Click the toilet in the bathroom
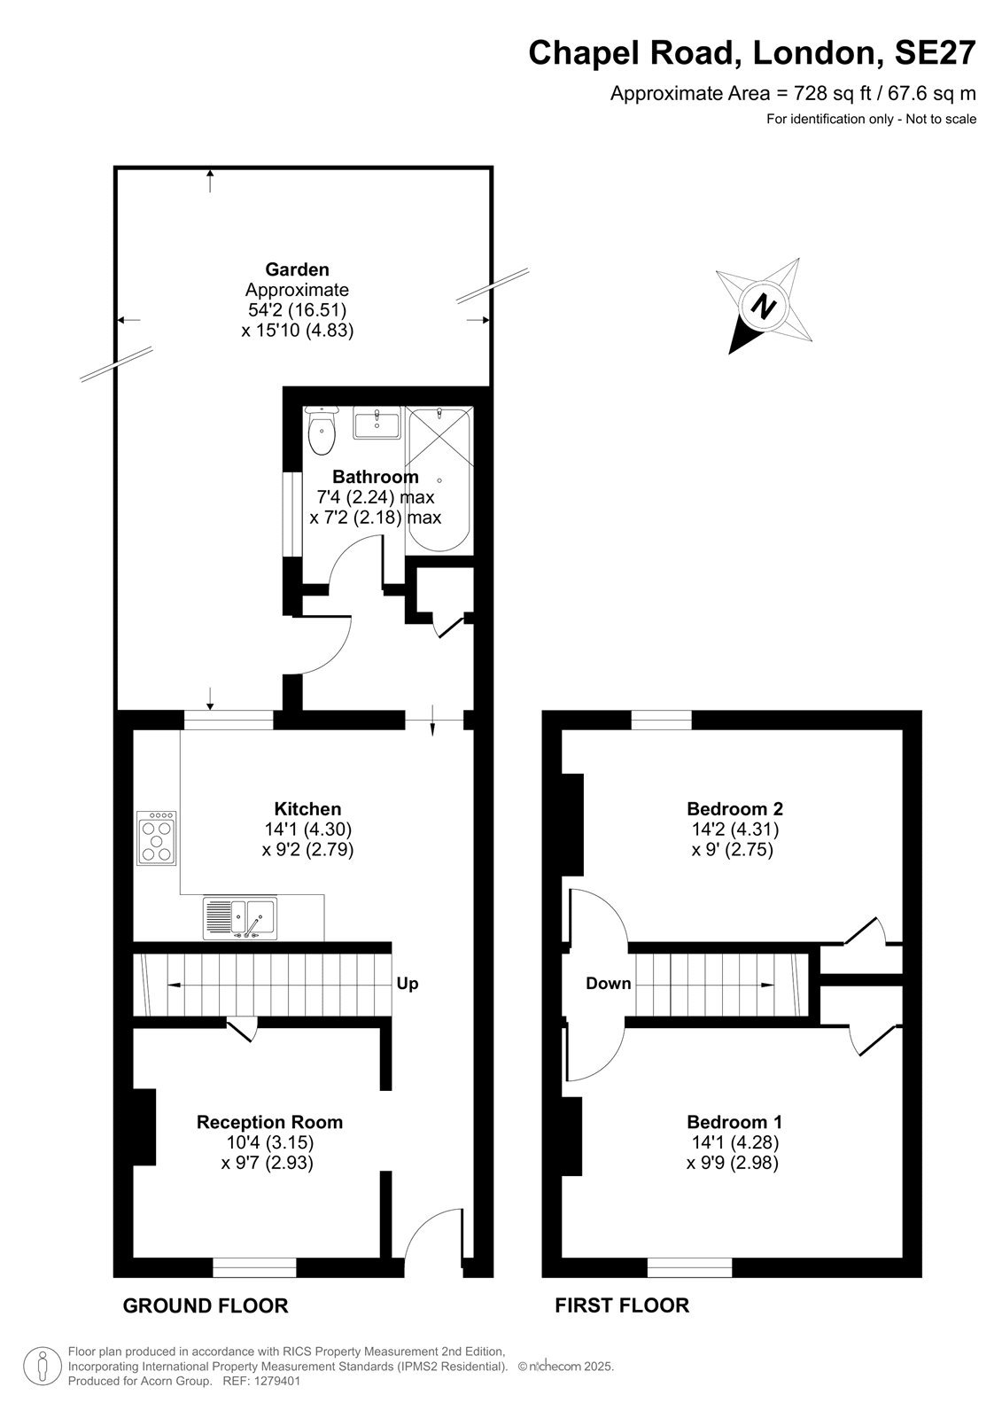[x=322, y=431]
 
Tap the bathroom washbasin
[x=377, y=422]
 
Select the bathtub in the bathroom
[x=439, y=480]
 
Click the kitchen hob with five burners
[x=156, y=838]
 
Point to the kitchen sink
[x=240, y=918]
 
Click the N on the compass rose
[x=764, y=308]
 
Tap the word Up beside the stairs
[x=407, y=983]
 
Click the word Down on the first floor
[x=609, y=983]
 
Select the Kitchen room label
[x=307, y=809]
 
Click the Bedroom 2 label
[x=734, y=809]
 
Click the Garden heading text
[x=297, y=269]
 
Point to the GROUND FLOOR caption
[x=205, y=1305]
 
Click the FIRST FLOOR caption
[x=622, y=1305]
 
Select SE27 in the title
[x=935, y=52]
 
